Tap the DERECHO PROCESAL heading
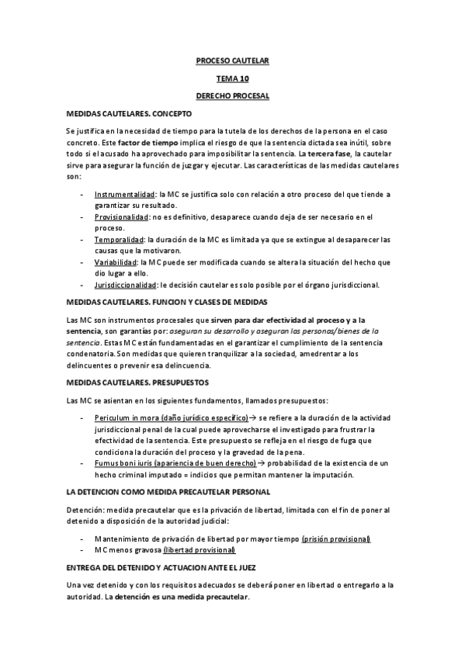232,96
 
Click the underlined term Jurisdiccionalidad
125,285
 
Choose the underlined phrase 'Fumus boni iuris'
122,462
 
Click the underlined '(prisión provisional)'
336,539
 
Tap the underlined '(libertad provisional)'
199,550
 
